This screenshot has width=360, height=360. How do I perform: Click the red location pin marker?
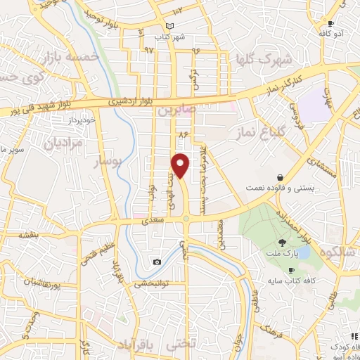[x=181, y=165]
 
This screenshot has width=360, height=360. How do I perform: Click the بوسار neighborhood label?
[x=109, y=162]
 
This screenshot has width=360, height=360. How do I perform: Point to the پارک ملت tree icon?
[x=281, y=241]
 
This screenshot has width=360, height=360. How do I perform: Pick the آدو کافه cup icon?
[x=331, y=24]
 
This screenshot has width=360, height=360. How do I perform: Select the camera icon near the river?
[x=156, y=262]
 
